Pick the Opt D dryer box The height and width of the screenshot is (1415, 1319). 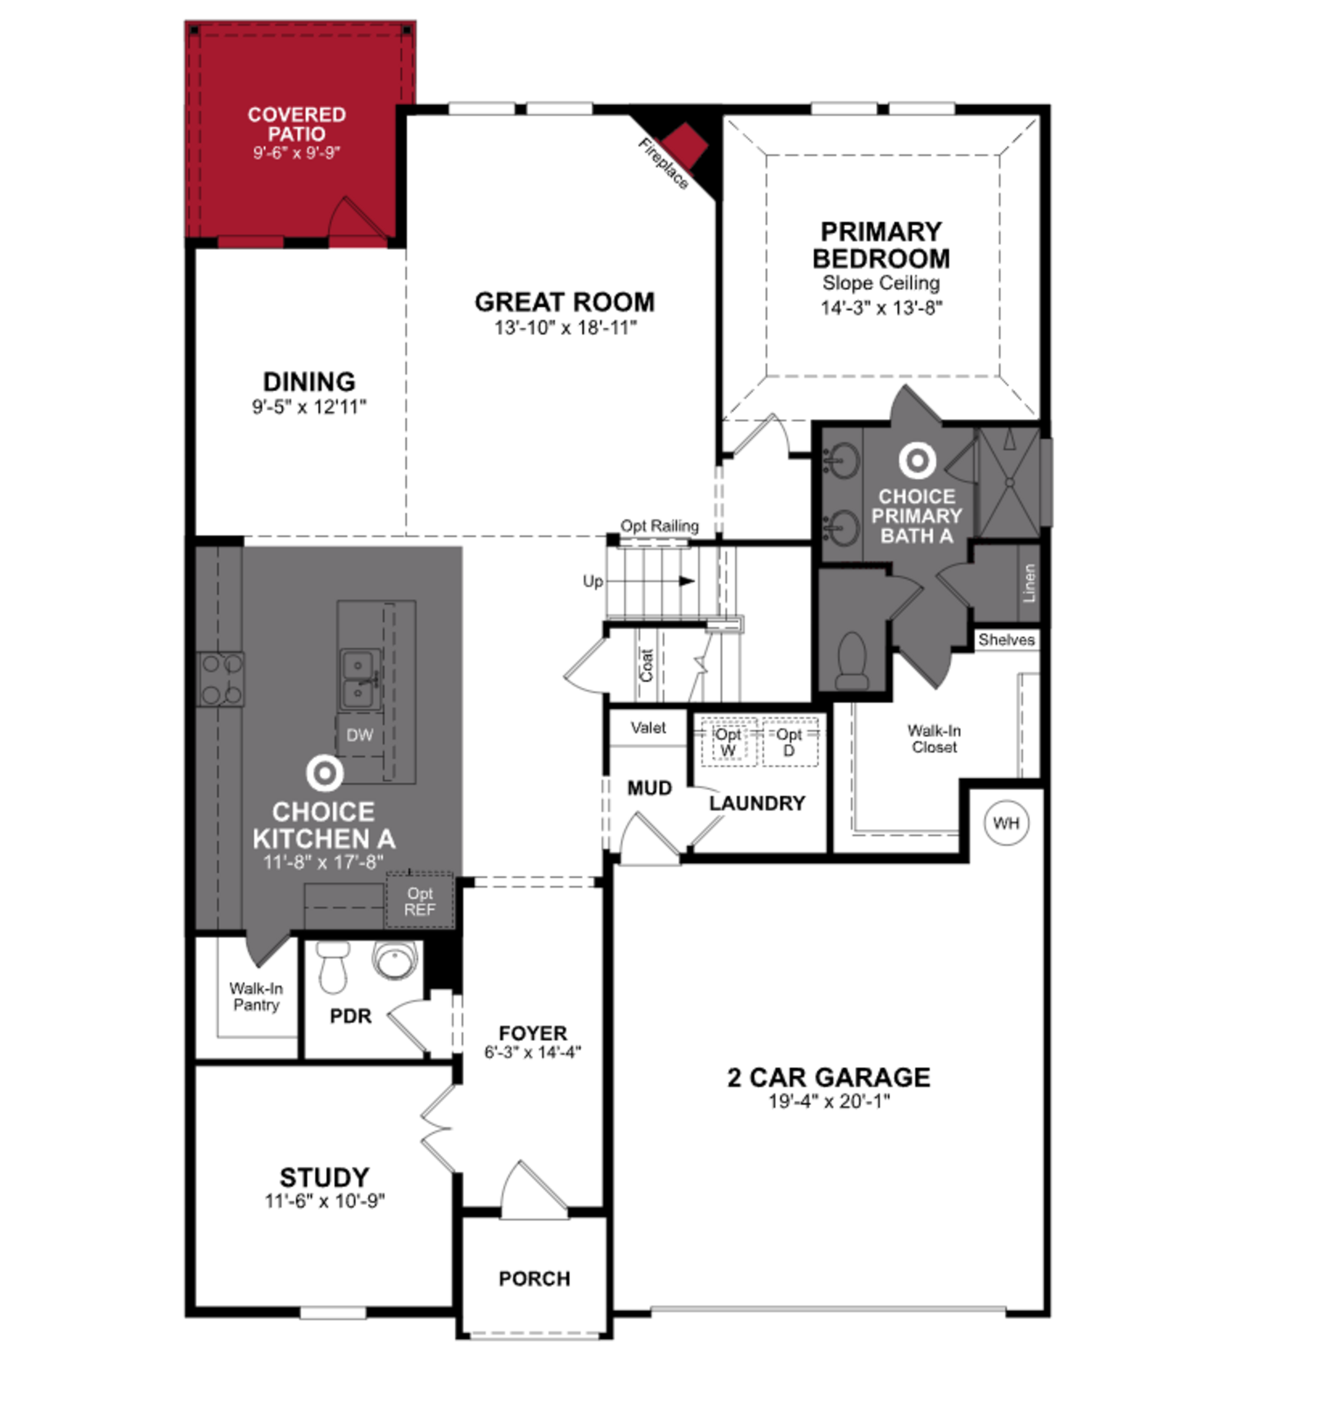point(789,743)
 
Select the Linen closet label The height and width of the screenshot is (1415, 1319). point(1028,583)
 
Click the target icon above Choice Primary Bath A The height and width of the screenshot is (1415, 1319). point(917,461)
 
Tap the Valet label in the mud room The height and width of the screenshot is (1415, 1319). point(648,727)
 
